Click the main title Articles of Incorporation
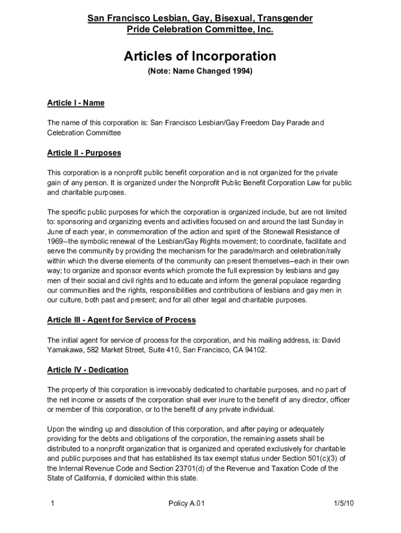pyautogui.click(x=200, y=56)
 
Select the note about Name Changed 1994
pyautogui.click(x=200, y=71)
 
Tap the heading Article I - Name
pyautogui.click(x=76, y=103)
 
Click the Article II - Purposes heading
pyautogui.click(x=84, y=153)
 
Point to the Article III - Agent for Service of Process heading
pyautogui.click(x=121, y=320)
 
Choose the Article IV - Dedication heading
pyautogui.click(x=87, y=370)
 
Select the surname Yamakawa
pyautogui.click(x=65, y=350)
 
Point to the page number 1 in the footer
pyautogui.click(x=53, y=503)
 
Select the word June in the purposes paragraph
pyautogui.click(x=56, y=232)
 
